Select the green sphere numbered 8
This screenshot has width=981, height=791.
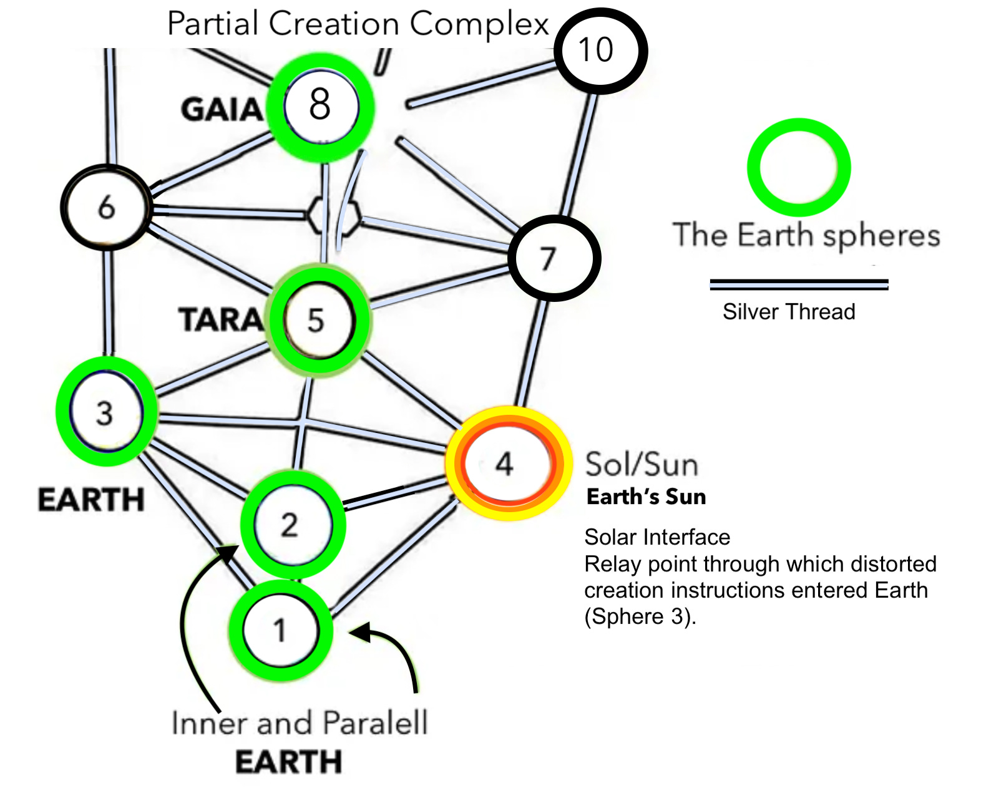(x=321, y=106)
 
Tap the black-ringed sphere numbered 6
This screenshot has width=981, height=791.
(x=107, y=207)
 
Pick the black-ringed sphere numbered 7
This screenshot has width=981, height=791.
(x=554, y=258)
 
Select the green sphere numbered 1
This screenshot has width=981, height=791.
(x=280, y=630)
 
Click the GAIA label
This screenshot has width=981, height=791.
(x=222, y=110)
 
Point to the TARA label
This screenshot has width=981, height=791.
(x=221, y=320)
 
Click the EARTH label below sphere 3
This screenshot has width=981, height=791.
(x=91, y=500)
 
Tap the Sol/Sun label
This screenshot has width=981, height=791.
(x=641, y=465)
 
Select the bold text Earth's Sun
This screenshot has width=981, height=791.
(x=646, y=497)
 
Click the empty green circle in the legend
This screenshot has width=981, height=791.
(x=799, y=167)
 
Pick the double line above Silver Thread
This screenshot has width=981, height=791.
(x=799, y=284)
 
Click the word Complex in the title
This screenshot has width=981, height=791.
(x=479, y=25)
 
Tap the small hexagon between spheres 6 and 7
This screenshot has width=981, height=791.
(x=334, y=216)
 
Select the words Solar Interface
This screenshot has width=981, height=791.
(x=656, y=537)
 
